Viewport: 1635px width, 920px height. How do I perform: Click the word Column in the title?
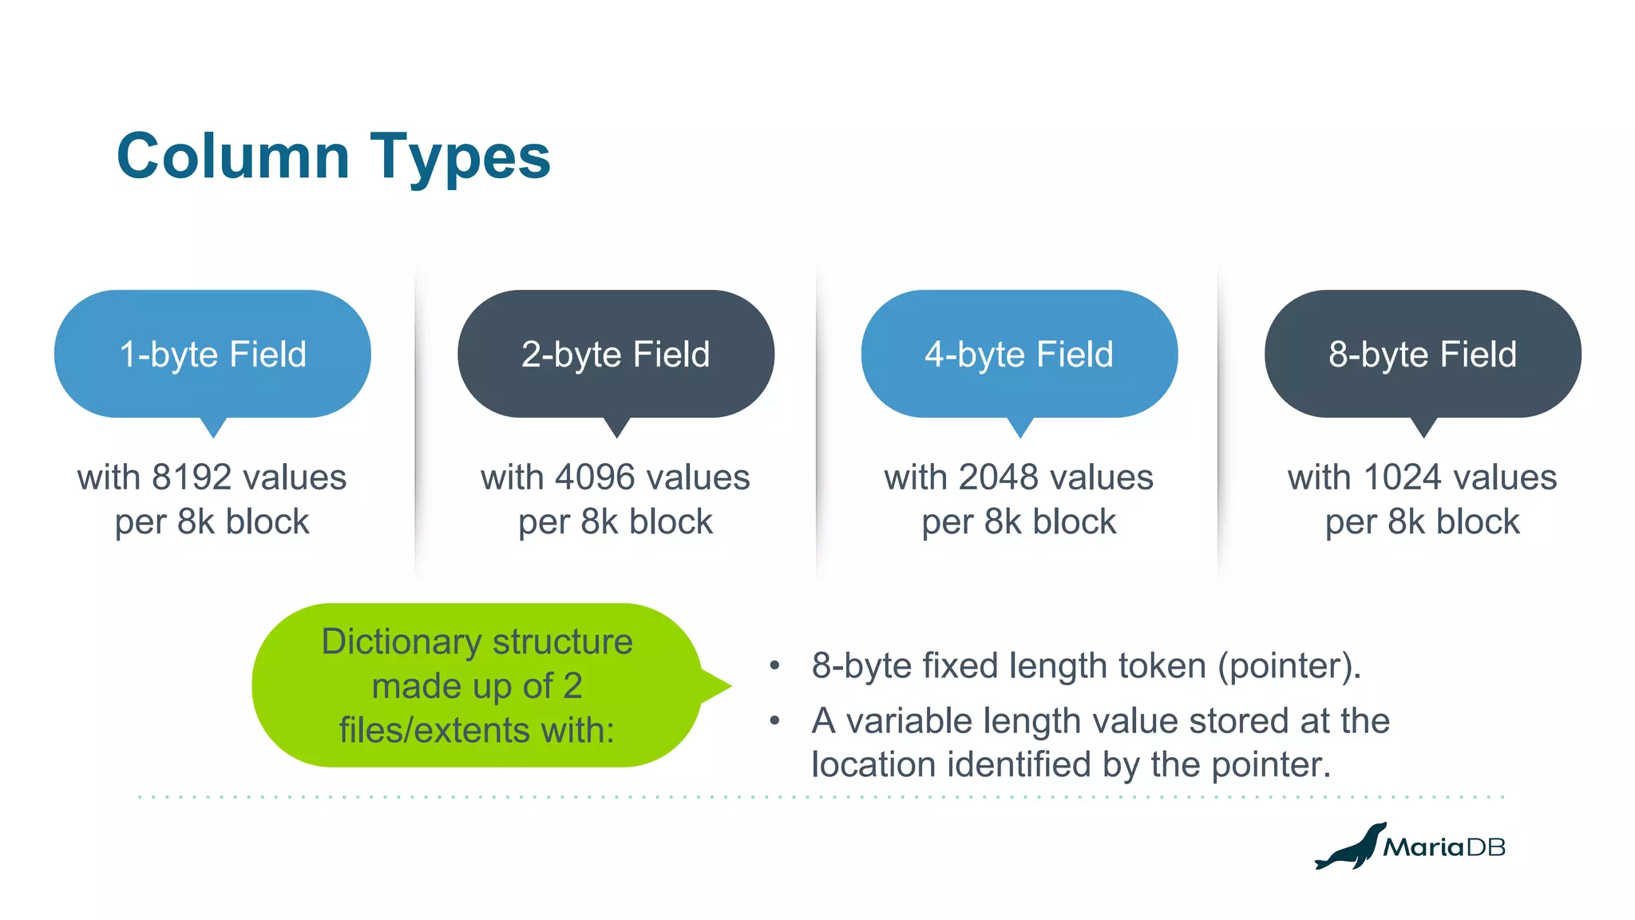point(233,156)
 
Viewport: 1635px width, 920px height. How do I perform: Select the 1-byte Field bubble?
point(212,354)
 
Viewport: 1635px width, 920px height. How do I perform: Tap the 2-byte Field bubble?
point(616,354)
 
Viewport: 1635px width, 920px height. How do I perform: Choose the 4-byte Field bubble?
point(1019,354)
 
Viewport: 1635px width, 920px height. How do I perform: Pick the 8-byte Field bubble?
point(1423,354)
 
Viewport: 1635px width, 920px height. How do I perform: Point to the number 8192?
point(191,478)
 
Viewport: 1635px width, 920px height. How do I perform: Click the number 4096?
point(594,478)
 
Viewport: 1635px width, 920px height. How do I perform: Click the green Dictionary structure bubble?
point(477,685)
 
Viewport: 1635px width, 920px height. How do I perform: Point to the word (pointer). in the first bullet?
point(1289,666)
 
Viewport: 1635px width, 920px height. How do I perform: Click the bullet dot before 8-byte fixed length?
point(774,666)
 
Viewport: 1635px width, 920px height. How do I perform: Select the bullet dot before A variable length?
point(774,721)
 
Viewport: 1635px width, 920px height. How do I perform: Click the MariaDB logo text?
point(1443,847)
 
